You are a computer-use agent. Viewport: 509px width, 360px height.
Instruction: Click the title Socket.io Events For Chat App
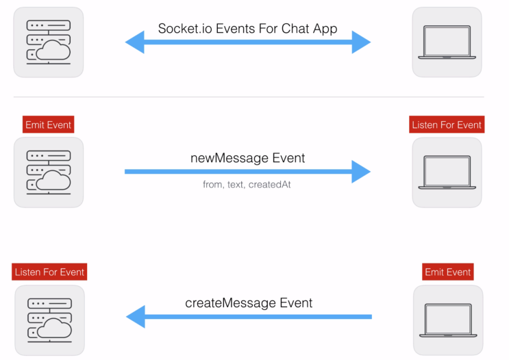pos(247,29)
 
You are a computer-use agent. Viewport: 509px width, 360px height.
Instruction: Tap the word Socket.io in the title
pos(185,29)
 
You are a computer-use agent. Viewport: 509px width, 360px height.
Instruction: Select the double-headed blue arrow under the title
pos(248,42)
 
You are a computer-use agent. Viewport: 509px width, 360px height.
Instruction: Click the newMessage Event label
pos(247,158)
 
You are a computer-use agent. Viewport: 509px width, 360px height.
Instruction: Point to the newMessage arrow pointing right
pos(248,172)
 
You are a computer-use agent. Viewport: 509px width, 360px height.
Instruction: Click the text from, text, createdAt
pos(247,185)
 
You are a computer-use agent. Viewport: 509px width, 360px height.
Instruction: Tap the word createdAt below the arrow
pos(269,185)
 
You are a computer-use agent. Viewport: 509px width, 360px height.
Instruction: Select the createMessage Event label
pos(249,303)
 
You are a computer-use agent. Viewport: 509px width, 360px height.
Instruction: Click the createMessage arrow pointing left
pos(249,317)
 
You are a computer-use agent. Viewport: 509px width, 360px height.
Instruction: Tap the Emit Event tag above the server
pos(49,125)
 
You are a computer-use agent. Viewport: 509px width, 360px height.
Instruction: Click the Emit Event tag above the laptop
pos(447,272)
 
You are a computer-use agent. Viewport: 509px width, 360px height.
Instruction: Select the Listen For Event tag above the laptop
pos(447,125)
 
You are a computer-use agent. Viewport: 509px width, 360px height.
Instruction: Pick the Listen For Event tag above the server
pos(49,272)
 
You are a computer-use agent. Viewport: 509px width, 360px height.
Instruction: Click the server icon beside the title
pos(49,42)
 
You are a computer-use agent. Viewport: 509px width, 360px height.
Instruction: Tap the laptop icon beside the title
pos(447,42)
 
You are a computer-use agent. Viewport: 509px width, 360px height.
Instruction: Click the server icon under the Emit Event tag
pos(49,172)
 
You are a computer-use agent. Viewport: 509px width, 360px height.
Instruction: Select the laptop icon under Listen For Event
pos(447,172)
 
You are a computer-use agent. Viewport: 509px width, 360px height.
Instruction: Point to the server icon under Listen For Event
pos(49,320)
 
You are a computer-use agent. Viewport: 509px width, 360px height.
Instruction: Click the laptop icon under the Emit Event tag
pos(448,320)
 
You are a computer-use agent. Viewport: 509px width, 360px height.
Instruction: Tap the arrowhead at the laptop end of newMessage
pos(361,172)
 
